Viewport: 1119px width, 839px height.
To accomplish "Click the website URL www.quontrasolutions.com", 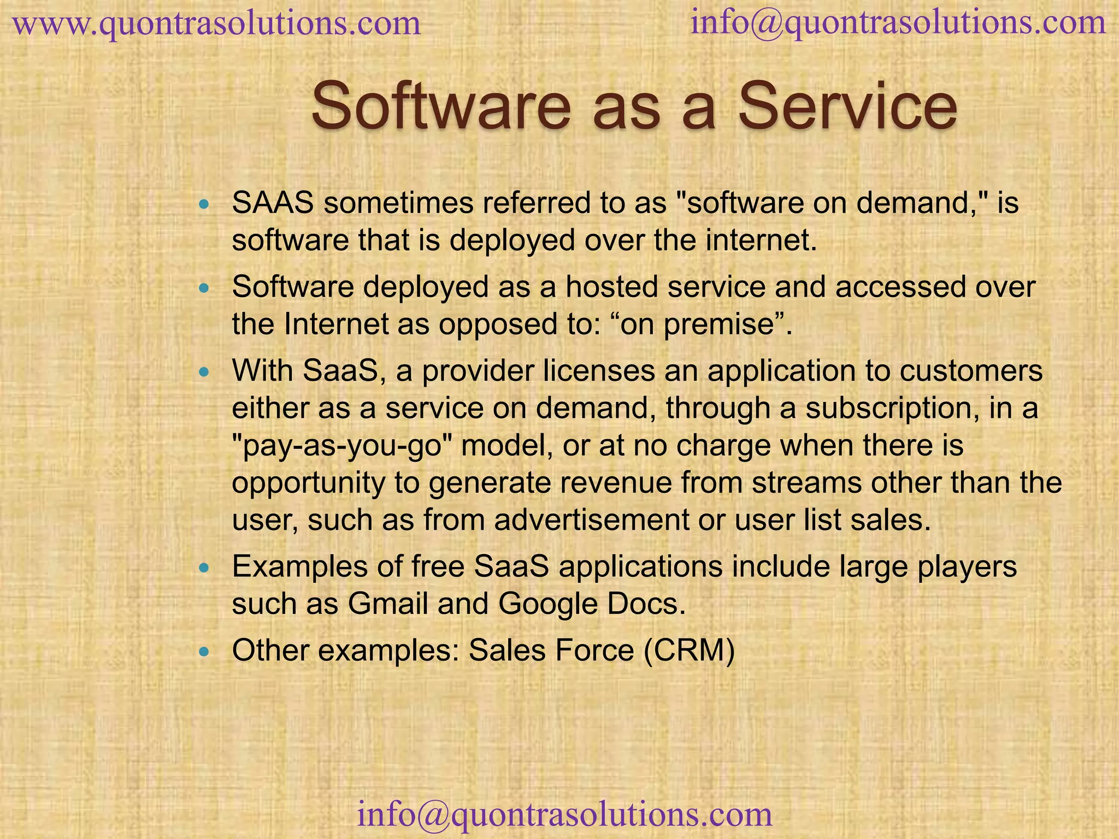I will point(216,24).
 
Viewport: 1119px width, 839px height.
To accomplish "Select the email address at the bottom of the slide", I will point(565,814).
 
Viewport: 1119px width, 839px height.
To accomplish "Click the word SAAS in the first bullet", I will point(273,203).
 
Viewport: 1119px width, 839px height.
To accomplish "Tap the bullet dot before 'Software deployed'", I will point(204,288).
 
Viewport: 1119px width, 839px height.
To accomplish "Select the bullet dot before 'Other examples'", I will point(204,652).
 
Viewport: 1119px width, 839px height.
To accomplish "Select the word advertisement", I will point(592,519).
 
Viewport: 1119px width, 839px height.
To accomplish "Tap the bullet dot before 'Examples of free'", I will point(204,568).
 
